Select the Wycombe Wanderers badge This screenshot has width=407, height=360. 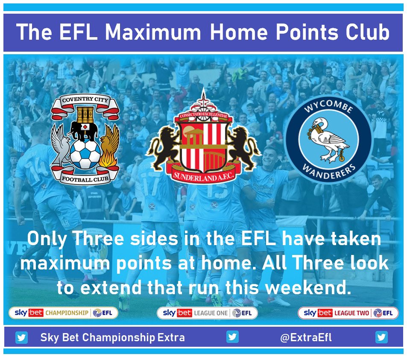click(328, 139)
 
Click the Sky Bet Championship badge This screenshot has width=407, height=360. click(64, 313)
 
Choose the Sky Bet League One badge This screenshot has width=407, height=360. click(207, 313)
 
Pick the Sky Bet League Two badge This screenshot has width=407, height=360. click(348, 313)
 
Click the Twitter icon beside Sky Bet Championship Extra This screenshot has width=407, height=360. click(21, 338)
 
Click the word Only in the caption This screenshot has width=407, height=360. click(47, 239)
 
